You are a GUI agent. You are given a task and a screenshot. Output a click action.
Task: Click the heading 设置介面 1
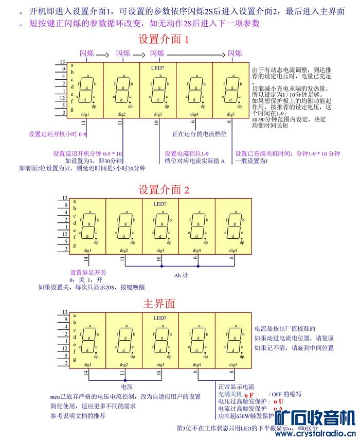coord(164,39)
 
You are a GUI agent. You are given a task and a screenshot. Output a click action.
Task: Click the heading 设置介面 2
coord(164,189)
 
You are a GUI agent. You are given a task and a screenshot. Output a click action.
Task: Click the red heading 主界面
coord(159,304)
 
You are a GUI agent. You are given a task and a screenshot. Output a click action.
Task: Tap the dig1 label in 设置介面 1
coord(86,114)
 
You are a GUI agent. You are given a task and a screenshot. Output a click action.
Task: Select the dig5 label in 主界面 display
coord(233,365)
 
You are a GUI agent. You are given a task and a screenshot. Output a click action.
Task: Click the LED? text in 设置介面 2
coord(159,204)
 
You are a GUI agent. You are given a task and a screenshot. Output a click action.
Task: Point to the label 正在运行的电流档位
coord(200,134)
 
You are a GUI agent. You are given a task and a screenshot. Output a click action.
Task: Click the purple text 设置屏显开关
coord(88,272)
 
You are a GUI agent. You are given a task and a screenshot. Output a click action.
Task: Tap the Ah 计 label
coord(181,275)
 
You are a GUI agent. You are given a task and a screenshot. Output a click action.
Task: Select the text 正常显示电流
coord(236,387)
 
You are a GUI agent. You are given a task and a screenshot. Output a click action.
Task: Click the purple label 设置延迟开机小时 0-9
coord(58,134)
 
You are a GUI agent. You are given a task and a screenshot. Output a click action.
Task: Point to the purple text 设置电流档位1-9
coord(187,153)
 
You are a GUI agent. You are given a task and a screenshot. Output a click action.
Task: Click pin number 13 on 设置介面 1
coord(63,61)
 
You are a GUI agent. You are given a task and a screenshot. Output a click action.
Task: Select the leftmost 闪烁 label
coord(86,53)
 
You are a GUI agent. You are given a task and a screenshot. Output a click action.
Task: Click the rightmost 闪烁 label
coord(235,53)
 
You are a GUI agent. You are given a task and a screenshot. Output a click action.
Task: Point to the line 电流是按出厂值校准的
coord(284,328)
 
